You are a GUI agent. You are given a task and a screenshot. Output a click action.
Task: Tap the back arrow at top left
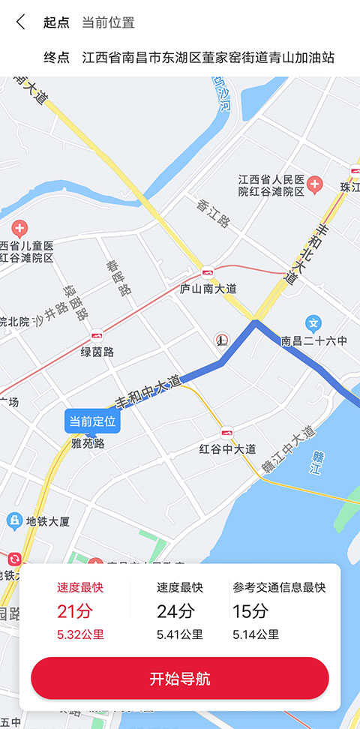tap(20, 22)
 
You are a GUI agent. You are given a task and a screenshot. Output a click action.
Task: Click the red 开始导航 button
tap(180, 679)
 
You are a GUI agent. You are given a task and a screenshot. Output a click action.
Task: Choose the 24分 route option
tap(180, 611)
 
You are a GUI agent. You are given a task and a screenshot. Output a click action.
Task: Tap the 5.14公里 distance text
tap(255, 634)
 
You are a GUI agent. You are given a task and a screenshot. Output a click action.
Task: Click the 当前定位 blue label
tap(92, 421)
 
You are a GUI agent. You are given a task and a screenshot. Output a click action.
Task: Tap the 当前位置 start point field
tap(108, 22)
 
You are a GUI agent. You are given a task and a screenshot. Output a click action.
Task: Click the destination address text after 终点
tap(208, 58)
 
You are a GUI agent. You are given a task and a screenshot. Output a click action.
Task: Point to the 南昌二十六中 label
tap(314, 341)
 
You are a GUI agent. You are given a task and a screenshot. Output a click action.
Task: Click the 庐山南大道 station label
tap(208, 288)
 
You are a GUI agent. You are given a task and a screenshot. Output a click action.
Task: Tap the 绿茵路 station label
tap(97, 351)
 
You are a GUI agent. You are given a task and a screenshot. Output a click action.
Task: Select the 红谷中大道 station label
tap(227, 448)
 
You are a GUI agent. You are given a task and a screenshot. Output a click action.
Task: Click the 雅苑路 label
tap(88, 443)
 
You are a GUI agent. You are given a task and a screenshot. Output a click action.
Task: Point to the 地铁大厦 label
tap(47, 520)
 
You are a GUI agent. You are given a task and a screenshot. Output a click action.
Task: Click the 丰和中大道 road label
tap(148, 391)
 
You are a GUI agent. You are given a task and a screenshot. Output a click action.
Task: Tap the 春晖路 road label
tap(118, 277)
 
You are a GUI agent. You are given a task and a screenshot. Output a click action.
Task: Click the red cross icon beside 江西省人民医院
tap(315, 184)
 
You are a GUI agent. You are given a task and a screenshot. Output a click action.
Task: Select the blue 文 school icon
tap(315, 323)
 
